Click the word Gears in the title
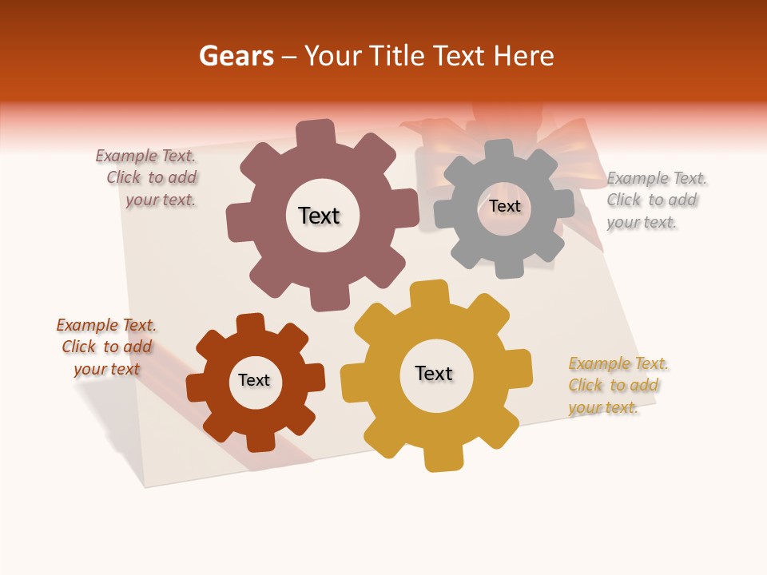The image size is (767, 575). coord(235,57)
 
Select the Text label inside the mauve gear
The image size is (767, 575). coord(319,216)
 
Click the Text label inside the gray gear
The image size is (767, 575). coord(504,206)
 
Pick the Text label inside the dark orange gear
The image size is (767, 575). coord(254,380)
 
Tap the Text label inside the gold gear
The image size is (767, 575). coord(434,373)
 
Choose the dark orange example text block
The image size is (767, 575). coord(107,347)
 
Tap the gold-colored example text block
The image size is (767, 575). coord(616,385)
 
